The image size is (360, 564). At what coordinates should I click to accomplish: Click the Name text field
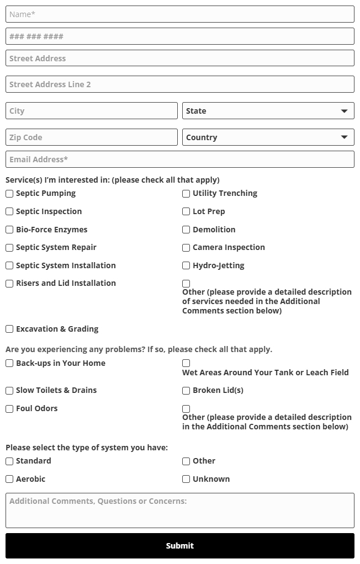click(179, 14)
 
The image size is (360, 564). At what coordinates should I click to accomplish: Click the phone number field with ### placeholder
click(179, 36)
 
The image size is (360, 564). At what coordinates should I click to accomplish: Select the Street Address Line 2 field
click(179, 84)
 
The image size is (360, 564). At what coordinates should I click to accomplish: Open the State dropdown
click(268, 111)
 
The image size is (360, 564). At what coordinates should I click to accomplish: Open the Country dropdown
click(268, 137)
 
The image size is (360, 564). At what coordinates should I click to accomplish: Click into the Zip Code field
click(91, 137)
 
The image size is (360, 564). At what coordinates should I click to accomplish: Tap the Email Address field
click(179, 159)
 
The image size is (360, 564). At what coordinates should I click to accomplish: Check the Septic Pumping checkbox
click(9, 194)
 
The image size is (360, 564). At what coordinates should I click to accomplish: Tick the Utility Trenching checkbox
click(186, 194)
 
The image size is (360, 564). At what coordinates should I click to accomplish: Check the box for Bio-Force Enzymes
click(9, 230)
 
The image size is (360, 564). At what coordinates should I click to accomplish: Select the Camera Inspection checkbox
click(186, 248)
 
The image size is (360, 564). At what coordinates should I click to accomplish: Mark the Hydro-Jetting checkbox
click(186, 265)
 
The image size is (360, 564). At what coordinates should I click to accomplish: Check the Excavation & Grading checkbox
click(9, 329)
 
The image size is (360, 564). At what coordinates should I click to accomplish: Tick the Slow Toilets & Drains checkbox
click(9, 391)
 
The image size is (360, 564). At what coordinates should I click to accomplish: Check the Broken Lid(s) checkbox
click(186, 391)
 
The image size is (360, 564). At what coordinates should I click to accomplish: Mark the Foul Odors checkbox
click(9, 409)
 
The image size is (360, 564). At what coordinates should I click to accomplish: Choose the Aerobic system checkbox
click(9, 479)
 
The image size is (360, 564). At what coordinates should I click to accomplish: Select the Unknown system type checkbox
click(186, 479)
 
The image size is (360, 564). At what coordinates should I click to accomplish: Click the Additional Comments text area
click(179, 510)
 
